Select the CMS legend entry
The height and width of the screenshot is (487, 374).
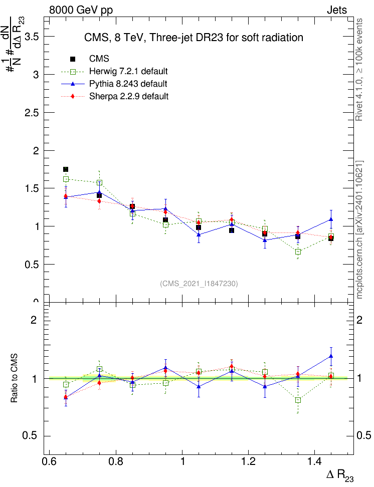(99, 59)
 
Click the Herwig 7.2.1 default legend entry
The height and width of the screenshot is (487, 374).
(128, 71)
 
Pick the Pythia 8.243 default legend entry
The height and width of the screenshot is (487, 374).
(128, 84)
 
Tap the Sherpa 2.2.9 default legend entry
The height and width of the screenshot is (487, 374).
(129, 96)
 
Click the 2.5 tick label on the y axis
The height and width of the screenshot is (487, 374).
(32, 113)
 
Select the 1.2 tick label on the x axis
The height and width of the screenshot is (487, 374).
(249, 460)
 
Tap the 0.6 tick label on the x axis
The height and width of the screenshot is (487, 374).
(49, 460)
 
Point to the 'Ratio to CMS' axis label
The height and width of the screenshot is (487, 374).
(15, 379)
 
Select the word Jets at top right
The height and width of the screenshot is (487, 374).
(336, 10)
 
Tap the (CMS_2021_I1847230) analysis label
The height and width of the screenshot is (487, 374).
(199, 284)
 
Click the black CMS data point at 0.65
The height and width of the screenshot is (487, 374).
(66, 169)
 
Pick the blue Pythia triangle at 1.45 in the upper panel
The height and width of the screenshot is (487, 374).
(331, 219)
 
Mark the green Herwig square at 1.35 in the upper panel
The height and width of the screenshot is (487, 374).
(298, 252)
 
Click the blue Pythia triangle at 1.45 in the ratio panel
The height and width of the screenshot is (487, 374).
(331, 356)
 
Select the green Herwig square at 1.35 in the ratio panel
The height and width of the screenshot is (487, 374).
(298, 400)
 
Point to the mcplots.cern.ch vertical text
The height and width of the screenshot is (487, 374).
(359, 230)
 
